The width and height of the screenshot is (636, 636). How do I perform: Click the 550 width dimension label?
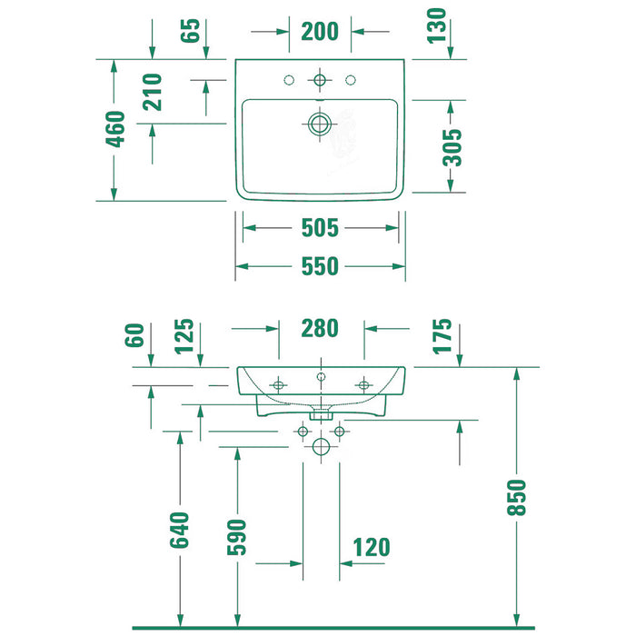click(x=320, y=266)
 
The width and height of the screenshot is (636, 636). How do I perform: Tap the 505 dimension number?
click(x=320, y=227)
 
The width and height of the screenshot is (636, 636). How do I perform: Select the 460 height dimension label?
click(x=115, y=129)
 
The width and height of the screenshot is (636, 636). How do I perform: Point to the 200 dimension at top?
click(x=320, y=31)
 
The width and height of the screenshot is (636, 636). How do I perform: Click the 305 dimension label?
click(x=452, y=147)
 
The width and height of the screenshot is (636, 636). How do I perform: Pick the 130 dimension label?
click(x=436, y=25)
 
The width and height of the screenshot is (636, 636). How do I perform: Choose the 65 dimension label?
click(x=190, y=30)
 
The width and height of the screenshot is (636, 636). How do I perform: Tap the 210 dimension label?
click(x=152, y=92)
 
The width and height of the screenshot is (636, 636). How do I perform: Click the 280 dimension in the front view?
click(x=320, y=328)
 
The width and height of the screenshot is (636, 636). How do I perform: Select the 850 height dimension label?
click(x=516, y=498)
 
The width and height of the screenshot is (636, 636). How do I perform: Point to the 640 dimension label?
click(x=180, y=530)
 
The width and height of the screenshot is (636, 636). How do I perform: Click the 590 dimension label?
click(x=236, y=537)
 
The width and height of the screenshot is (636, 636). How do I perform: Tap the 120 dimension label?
click(x=371, y=547)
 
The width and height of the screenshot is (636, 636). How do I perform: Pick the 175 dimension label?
click(x=442, y=337)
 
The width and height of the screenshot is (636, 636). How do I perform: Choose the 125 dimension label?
click(x=184, y=337)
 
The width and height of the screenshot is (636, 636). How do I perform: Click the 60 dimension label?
click(x=134, y=335)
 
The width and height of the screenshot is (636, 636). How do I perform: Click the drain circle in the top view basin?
click(x=320, y=124)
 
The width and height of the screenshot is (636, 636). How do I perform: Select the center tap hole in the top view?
click(x=320, y=80)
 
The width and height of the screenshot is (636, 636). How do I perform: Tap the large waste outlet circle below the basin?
click(x=321, y=447)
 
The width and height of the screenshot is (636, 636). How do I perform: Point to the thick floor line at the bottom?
click(x=333, y=629)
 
